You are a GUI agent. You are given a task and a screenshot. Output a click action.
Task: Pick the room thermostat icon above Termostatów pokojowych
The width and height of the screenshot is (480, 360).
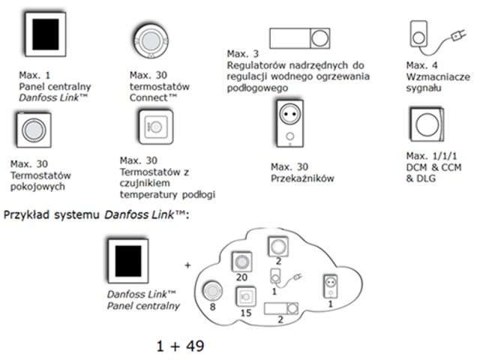(x=33, y=129)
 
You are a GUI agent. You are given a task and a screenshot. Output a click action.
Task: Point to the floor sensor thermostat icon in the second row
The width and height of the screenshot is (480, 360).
(x=155, y=127)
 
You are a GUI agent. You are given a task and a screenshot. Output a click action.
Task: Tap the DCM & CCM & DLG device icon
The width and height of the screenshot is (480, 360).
(x=427, y=126)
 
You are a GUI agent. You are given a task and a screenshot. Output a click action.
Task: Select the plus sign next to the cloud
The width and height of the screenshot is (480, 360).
(x=187, y=264)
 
